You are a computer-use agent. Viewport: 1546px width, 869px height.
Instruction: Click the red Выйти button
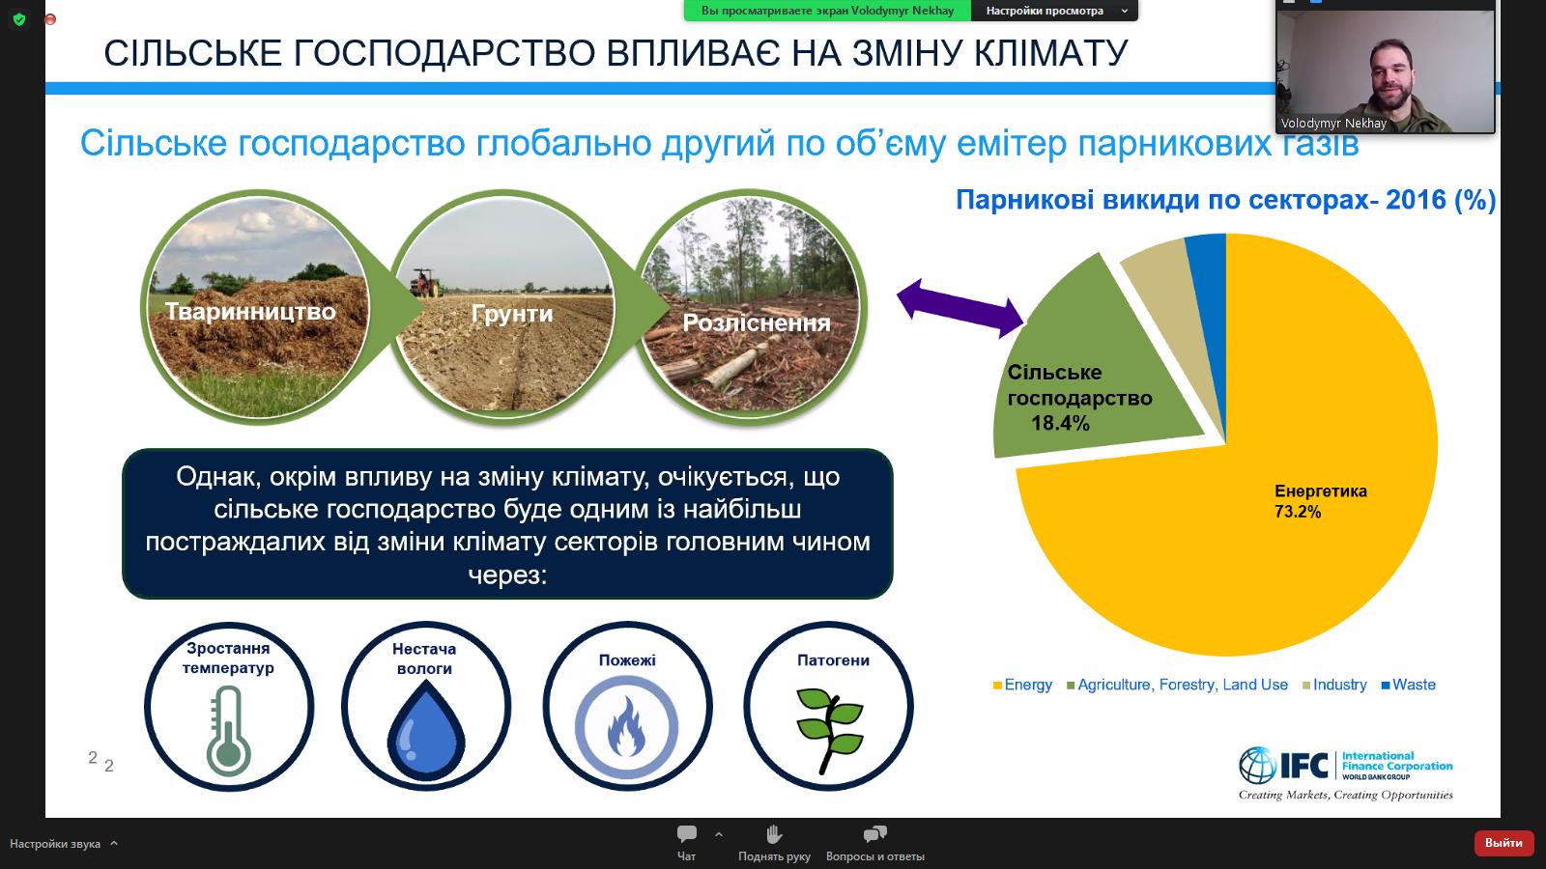click(x=1503, y=843)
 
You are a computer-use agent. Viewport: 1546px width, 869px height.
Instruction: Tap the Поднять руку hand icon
click(x=774, y=834)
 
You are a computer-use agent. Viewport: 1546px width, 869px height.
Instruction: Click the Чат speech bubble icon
click(x=687, y=834)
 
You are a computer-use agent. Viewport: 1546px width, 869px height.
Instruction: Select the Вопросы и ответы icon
click(x=874, y=834)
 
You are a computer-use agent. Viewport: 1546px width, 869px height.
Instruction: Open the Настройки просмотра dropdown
click(x=1054, y=11)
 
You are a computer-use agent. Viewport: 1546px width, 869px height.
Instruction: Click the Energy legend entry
click(x=1022, y=685)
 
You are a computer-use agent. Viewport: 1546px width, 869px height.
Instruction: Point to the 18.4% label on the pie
click(x=1060, y=423)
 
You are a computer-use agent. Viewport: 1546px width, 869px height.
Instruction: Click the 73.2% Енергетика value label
click(x=1297, y=512)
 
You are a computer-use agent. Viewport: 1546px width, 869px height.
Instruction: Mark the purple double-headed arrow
click(x=960, y=307)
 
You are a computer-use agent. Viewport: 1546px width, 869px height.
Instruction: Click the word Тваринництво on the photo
click(x=250, y=311)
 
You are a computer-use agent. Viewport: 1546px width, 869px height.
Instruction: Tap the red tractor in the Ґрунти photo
click(x=424, y=282)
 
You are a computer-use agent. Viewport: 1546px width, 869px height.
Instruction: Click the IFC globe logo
click(x=1257, y=766)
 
